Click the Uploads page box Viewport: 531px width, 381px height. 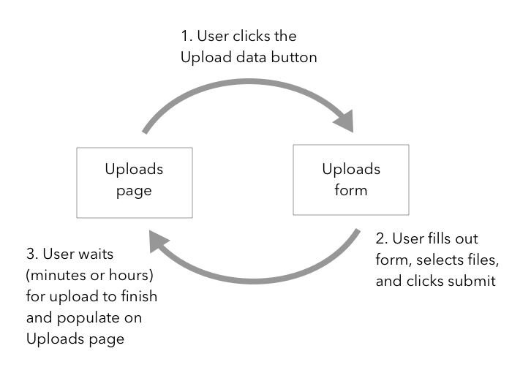click(x=135, y=182)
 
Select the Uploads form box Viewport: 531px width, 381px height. click(x=351, y=179)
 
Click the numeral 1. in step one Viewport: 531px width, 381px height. click(x=187, y=36)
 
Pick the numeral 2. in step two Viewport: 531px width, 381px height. click(x=380, y=239)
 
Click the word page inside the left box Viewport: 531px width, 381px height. click(x=135, y=192)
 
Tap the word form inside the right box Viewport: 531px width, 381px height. click(x=351, y=190)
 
